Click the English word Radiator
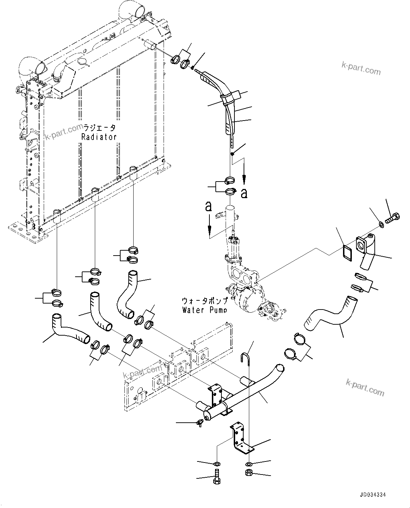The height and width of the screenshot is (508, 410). click(x=99, y=137)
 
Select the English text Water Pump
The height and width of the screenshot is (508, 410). click(x=204, y=310)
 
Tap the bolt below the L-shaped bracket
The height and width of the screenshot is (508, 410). click(x=216, y=476)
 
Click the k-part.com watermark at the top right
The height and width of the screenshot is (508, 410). click(x=361, y=68)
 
